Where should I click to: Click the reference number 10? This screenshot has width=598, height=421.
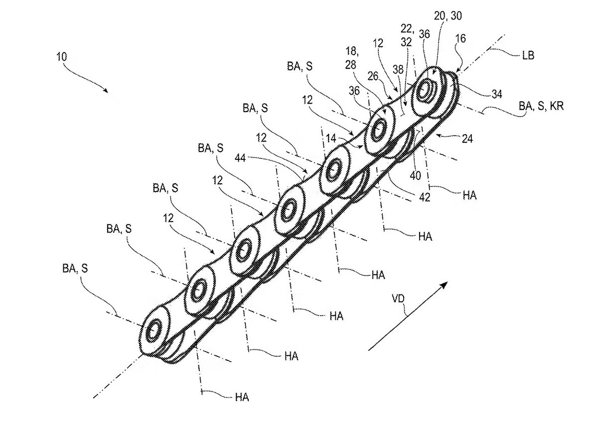click(x=62, y=57)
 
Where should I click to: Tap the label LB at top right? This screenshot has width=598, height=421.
click(x=528, y=55)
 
